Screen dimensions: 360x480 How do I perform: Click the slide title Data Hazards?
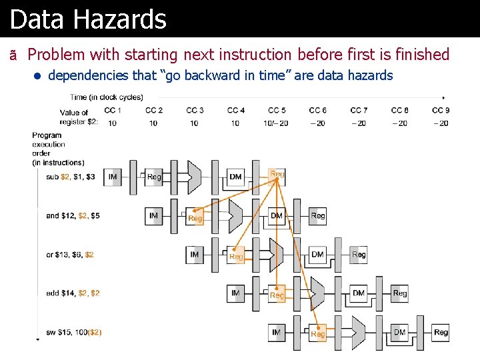(88, 19)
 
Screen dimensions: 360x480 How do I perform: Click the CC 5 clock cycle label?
(277, 110)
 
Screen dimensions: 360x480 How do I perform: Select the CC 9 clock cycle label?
(440, 110)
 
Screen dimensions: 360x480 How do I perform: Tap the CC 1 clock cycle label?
(113, 110)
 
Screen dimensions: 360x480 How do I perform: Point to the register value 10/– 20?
(276, 123)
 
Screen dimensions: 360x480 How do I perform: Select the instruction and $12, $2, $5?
(73, 215)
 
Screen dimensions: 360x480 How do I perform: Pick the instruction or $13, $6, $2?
(70, 255)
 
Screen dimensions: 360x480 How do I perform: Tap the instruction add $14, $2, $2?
(73, 293)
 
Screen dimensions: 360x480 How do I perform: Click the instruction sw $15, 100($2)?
(73, 332)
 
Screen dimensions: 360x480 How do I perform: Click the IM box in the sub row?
(113, 177)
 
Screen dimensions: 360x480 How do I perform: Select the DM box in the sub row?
(235, 177)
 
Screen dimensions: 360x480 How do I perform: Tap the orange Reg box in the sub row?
(277, 174)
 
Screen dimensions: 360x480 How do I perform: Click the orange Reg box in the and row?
(195, 217)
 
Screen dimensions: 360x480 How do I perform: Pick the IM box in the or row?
(195, 255)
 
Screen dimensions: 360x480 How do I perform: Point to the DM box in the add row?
(359, 293)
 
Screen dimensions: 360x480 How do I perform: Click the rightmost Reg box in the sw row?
(441, 332)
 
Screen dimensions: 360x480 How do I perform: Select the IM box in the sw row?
(277, 332)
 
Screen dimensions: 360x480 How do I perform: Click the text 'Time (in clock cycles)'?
(106, 97)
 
